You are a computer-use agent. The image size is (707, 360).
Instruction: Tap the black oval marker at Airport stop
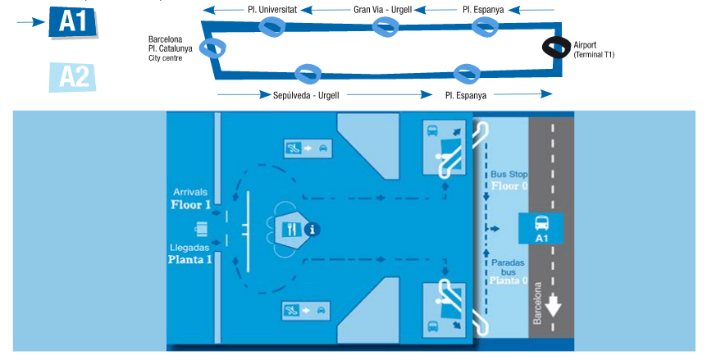[x=558, y=47]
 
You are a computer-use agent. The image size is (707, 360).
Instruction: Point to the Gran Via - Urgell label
[x=382, y=10]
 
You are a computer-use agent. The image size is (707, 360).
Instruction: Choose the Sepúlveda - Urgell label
[x=306, y=95]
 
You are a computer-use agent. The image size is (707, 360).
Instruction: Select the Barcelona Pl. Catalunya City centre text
[x=170, y=48]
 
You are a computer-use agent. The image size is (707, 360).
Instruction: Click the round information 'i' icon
[x=312, y=230]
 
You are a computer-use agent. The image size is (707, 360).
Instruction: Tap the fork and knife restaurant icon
[x=292, y=229]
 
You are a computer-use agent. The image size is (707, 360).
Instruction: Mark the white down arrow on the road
[x=554, y=305]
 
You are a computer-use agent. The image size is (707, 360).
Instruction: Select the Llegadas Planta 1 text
[x=190, y=253]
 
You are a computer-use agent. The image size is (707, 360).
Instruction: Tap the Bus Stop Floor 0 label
[x=509, y=180]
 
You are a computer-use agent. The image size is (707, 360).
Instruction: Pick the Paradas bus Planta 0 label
[x=509, y=271]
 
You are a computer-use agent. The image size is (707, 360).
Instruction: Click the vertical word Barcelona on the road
[x=538, y=304]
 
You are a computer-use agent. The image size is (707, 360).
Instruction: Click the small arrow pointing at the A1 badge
[x=30, y=22]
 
